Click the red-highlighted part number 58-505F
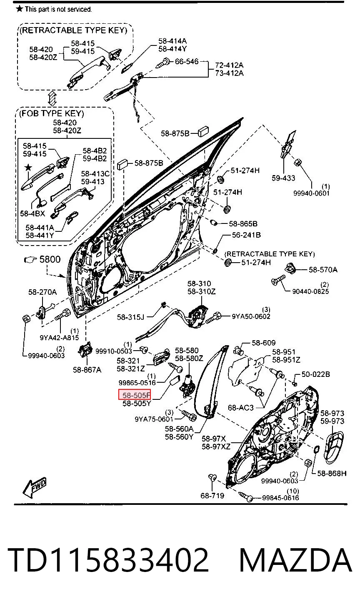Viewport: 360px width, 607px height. coord(134,394)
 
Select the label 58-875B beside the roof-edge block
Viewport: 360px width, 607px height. coord(175,133)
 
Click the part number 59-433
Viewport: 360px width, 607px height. coord(283,178)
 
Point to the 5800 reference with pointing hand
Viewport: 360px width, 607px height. coord(42,259)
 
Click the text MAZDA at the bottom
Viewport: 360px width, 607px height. coord(295,560)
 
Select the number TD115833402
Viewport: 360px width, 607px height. coord(108,560)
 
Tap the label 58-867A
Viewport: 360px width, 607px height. coord(87,370)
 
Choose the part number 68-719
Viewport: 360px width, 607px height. coord(212,496)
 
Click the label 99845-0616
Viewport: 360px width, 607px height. coord(280,498)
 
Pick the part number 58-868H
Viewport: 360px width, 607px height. coord(332,473)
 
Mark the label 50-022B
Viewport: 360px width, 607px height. coord(315,374)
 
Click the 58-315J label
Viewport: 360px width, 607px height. coord(130,317)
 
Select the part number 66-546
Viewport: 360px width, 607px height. coord(187,62)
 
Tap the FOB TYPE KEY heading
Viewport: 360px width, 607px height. coord(52,113)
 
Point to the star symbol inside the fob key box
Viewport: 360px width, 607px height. coord(28,168)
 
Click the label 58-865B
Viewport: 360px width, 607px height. coord(243,223)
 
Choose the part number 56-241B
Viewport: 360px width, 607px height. coord(246,235)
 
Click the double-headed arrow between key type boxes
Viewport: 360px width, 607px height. coord(52,98)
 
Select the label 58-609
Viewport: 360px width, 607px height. coord(263,343)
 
